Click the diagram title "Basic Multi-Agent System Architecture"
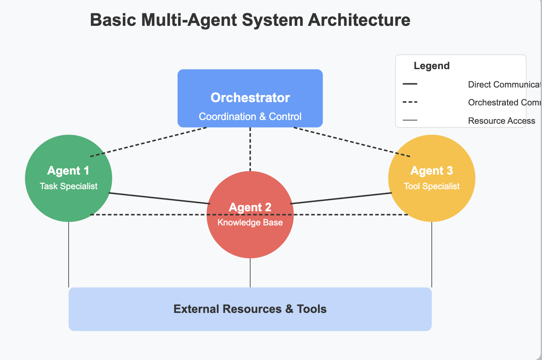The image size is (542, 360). (250, 20)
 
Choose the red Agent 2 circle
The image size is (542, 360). (250, 242)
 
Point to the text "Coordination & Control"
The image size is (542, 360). (250, 117)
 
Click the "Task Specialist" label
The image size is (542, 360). (69, 186)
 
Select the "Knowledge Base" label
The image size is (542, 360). (250, 222)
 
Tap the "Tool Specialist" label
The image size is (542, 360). (432, 186)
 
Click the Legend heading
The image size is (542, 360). (432, 66)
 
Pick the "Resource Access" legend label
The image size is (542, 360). (502, 121)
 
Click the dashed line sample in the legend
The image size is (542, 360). (410, 102)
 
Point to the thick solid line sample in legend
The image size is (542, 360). (410, 84)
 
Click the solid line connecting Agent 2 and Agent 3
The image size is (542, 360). (341, 198)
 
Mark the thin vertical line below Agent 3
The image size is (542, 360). (432, 254)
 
